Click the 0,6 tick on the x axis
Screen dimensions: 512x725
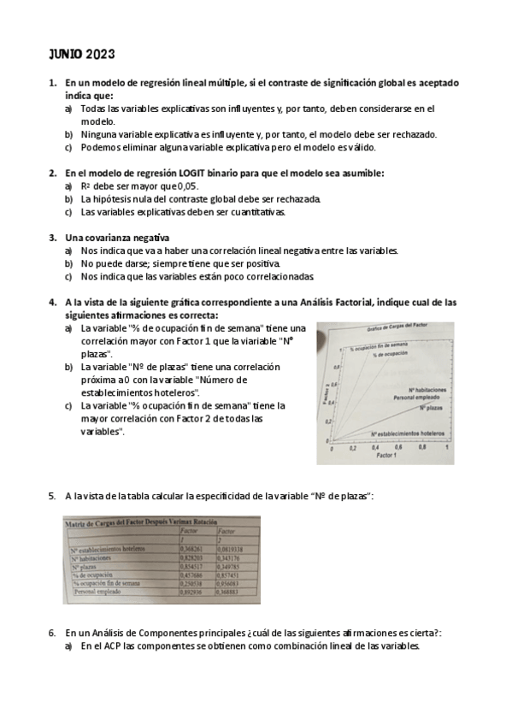pos(397,447)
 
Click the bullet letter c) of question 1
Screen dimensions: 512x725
pos(68,146)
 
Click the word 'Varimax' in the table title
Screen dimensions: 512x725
pos(183,521)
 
